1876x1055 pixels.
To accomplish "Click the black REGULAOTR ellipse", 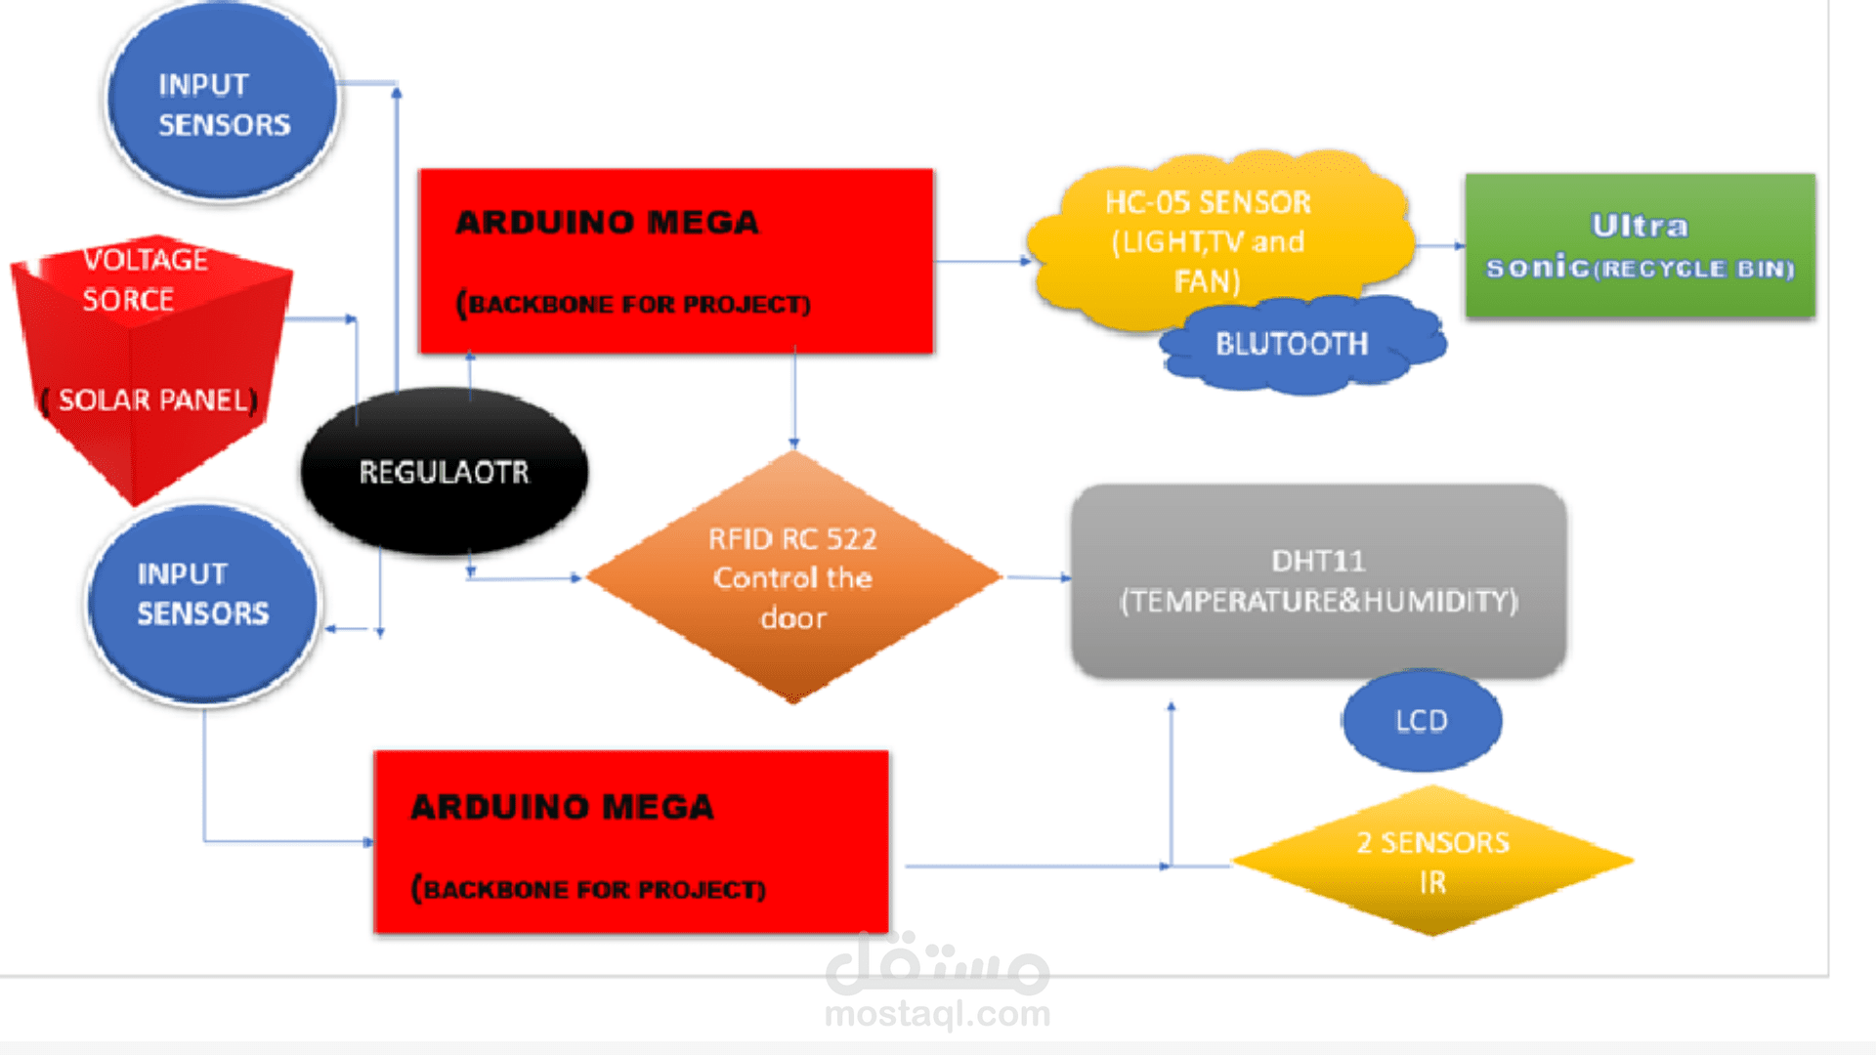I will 445,473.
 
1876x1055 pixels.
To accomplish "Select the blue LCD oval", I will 1422,721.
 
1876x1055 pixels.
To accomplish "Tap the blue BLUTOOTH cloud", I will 1292,345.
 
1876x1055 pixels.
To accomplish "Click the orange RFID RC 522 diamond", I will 793,577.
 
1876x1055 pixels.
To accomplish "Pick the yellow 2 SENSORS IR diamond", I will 1432,862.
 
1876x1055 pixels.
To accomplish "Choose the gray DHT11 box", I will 1318,580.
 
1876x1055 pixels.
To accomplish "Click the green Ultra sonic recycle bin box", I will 1640,246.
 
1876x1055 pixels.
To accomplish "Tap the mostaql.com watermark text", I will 937,1014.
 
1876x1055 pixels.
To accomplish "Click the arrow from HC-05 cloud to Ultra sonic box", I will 1440,246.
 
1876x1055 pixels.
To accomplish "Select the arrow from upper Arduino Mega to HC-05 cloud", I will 982,261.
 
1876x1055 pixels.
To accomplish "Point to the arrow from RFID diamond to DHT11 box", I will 1038,577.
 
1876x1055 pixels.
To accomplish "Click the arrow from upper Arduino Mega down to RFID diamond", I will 794,401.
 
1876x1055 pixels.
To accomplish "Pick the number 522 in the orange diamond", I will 851,539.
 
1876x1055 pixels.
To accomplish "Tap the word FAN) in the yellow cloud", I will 1208,282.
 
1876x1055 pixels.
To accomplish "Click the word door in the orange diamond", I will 793,618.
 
